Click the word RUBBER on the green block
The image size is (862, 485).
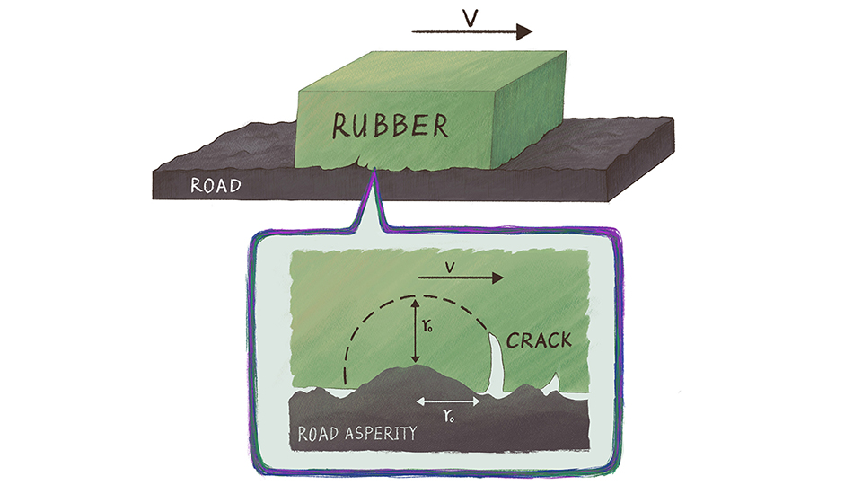point(390,126)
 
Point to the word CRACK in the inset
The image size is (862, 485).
point(540,341)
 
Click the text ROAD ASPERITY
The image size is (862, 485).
point(357,433)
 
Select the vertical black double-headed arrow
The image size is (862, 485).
point(414,331)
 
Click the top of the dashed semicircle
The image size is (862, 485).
point(413,295)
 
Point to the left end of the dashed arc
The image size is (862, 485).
point(344,382)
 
